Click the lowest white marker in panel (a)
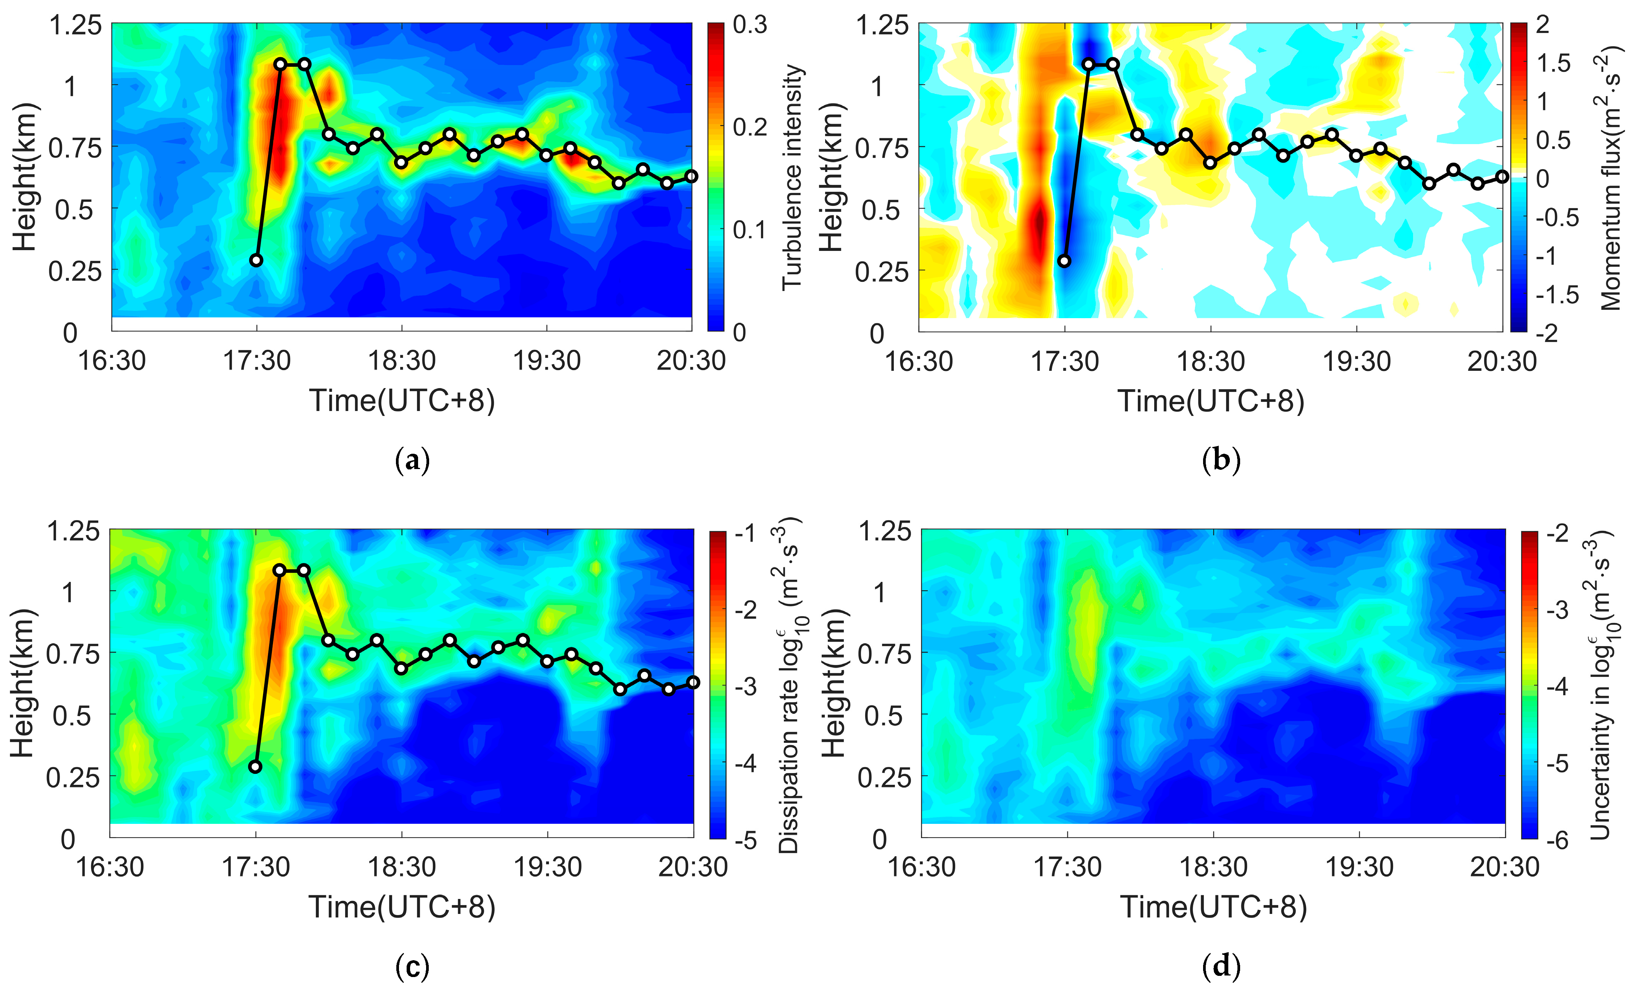point(257,260)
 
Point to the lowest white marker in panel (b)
point(1064,260)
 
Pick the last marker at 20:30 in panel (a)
point(691,176)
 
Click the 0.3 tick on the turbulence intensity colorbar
point(749,25)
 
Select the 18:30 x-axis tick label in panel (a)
point(402,361)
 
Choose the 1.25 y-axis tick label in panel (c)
point(73,531)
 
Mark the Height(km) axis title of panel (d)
point(834,683)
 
